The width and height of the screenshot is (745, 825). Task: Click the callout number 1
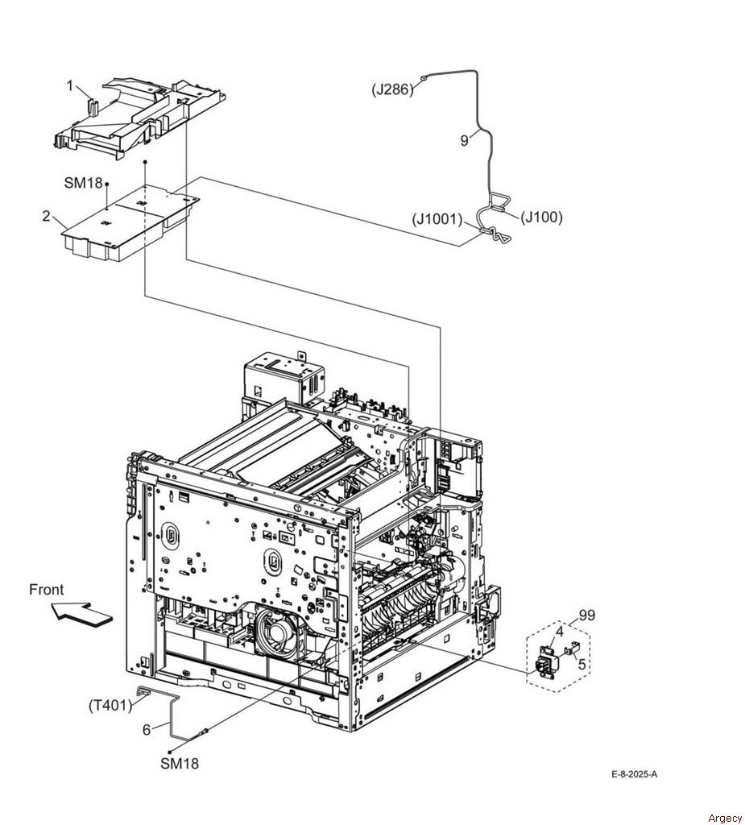[70, 85]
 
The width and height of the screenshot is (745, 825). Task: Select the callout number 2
[46, 216]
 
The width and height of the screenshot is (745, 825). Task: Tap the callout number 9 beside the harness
[464, 141]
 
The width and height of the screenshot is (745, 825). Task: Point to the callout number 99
[586, 615]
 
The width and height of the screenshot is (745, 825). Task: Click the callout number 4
[559, 631]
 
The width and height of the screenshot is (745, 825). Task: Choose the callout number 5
[582, 665]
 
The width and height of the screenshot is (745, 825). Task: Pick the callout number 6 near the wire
[147, 730]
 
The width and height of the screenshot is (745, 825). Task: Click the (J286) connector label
[392, 89]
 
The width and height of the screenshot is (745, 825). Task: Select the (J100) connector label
[541, 217]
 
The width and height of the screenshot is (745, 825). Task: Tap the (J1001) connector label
[437, 219]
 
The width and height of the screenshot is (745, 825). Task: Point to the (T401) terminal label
[110, 704]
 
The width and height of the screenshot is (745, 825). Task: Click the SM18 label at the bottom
[180, 763]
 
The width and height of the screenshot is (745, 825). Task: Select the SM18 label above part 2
[83, 183]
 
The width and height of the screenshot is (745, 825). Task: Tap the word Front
[46, 590]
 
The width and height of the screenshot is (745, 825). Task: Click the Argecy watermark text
[725, 818]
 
